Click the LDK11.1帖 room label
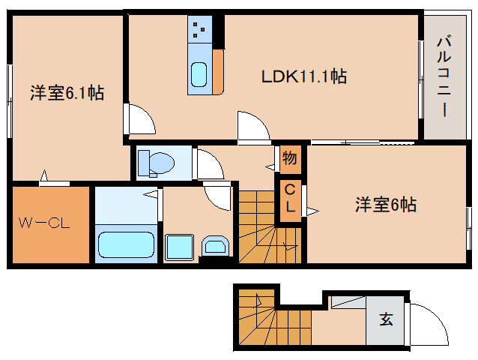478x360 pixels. (304, 76)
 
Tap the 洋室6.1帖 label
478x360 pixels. (67, 93)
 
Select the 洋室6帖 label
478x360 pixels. (386, 205)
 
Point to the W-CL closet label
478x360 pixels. (44, 223)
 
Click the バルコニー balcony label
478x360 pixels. (444, 76)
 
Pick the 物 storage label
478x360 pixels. (290, 158)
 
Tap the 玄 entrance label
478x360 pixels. (387, 319)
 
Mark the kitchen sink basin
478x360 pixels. (199, 74)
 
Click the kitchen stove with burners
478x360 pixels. (200, 29)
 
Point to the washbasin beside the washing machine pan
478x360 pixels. (215, 245)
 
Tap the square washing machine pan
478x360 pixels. (179, 247)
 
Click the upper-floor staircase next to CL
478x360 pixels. (270, 227)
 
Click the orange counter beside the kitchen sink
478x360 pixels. (218, 72)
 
